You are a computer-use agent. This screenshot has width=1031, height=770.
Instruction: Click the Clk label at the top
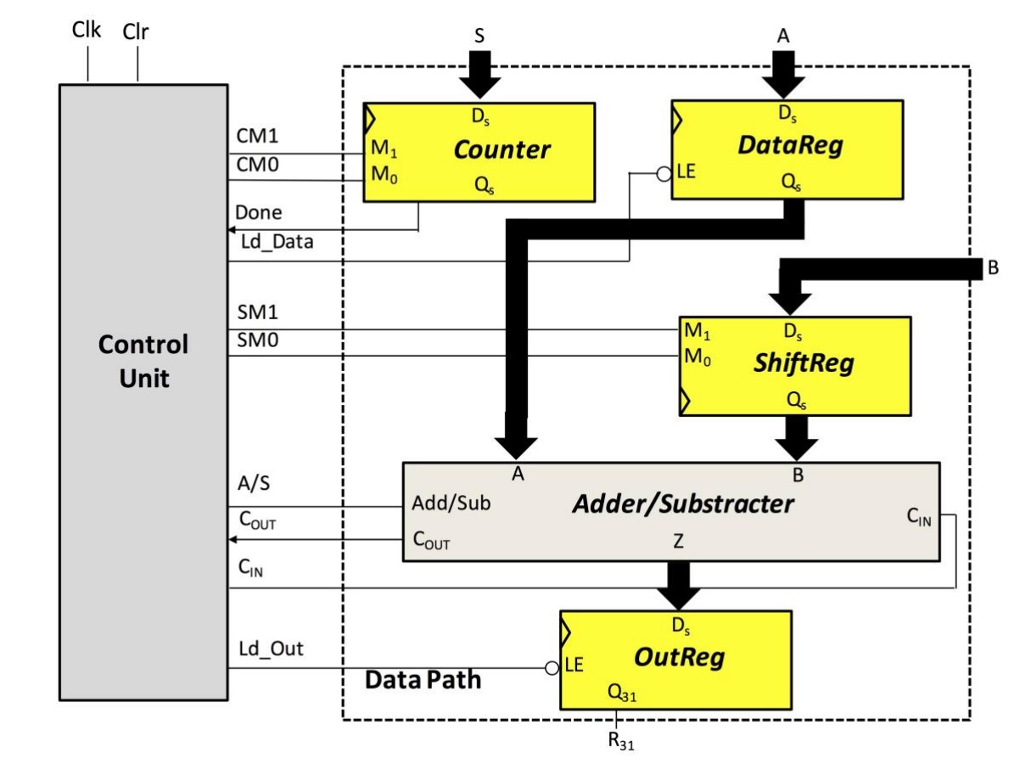(87, 31)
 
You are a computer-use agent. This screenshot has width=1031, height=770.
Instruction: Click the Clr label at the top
(136, 32)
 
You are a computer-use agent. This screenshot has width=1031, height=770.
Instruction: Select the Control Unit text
(143, 361)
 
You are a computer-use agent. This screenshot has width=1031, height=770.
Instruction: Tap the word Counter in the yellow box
(501, 150)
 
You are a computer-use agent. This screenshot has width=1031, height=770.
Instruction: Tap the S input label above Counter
(479, 37)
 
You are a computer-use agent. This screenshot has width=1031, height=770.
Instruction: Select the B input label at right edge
(993, 268)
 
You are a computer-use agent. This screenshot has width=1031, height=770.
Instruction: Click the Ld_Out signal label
(271, 649)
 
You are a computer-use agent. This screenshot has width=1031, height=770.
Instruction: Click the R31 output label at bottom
(619, 740)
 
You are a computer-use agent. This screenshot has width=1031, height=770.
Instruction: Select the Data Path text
(423, 679)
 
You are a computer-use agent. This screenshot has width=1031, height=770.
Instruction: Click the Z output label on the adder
(678, 542)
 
